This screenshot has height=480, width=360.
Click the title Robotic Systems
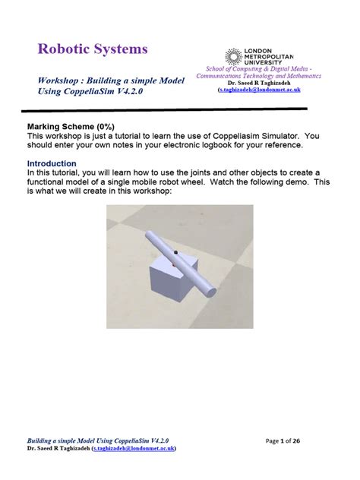point(93,50)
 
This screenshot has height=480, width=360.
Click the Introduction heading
point(52,163)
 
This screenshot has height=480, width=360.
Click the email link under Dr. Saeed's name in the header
point(258,90)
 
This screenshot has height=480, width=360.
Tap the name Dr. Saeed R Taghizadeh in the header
point(258,82)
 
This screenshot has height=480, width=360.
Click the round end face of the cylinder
point(210,292)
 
